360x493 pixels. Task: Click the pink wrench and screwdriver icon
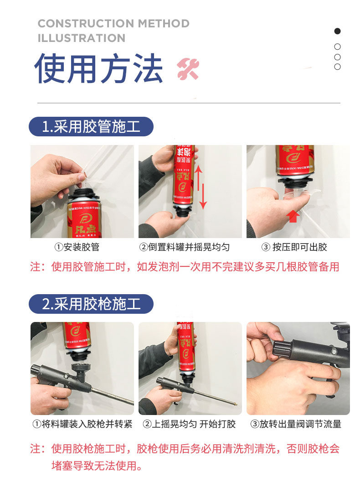point(188,68)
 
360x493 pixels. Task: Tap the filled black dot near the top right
point(337,31)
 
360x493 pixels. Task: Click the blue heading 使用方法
point(98,68)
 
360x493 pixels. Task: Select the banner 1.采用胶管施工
point(91,127)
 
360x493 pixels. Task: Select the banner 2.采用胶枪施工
point(91,304)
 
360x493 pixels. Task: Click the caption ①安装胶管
point(77,247)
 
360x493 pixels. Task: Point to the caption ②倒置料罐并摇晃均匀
point(185,247)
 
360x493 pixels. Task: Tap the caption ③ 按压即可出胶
point(294,247)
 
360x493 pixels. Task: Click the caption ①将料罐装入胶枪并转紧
point(82,424)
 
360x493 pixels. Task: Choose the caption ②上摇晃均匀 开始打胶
point(189,424)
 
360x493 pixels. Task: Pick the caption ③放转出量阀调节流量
point(296,424)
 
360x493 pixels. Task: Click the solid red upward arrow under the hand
point(293,216)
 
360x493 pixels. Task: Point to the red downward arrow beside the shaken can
point(203,197)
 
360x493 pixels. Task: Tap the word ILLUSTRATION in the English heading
point(82,38)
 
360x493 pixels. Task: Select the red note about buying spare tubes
point(185,267)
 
